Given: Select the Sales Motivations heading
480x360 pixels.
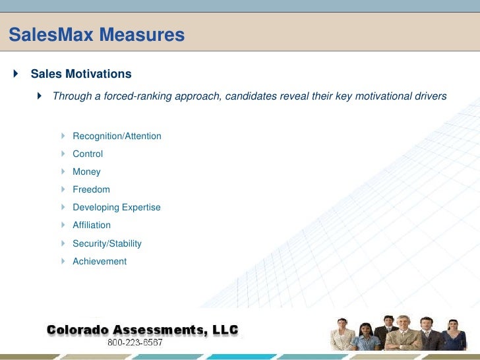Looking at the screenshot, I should click(x=81, y=74).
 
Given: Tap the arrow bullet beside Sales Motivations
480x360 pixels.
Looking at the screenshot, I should click(x=16, y=73).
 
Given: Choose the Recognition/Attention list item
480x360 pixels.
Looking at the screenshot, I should click(x=117, y=136).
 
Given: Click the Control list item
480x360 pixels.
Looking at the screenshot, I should click(x=88, y=154).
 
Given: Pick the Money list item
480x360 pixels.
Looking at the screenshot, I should click(x=86, y=171).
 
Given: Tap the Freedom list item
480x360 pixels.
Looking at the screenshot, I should click(x=91, y=189).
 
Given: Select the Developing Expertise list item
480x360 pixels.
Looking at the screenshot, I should click(x=116, y=207).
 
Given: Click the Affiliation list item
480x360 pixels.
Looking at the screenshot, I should click(x=92, y=225).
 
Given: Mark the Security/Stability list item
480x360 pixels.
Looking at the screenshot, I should click(x=107, y=243).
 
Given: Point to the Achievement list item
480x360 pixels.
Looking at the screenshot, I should click(x=100, y=261).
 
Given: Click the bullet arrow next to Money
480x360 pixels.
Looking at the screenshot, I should click(x=63, y=171).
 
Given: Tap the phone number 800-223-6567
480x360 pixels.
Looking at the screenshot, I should click(x=135, y=343).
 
